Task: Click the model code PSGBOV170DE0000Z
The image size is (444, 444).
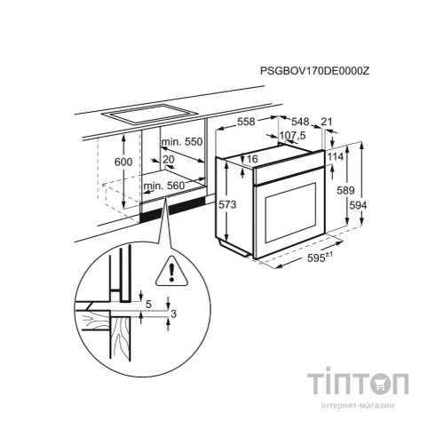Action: [315, 71]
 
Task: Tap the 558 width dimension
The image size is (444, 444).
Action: [246, 122]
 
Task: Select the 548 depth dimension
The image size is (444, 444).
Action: [300, 122]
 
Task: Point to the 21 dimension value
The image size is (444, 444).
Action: [327, 122]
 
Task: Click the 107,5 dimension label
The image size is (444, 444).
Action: [293, 136]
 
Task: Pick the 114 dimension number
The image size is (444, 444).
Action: [336, 156]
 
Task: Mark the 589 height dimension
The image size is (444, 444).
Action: [345, 191]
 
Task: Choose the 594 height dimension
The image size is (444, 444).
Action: [358, 205]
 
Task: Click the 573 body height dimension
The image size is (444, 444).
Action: [227, 204]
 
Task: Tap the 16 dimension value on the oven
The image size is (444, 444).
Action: [252, 159]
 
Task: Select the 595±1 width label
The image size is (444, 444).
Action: [320, 258]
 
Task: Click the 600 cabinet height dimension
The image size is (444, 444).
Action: [123, 162]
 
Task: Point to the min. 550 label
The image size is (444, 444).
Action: [182, 142]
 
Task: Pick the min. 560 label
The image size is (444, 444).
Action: [163, 186]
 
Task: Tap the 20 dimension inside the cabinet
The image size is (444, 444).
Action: [169, 160]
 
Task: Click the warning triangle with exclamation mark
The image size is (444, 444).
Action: [171, 272]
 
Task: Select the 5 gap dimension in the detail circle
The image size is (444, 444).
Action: [148, 304]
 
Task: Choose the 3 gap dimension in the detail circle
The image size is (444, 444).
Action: [174, 313]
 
